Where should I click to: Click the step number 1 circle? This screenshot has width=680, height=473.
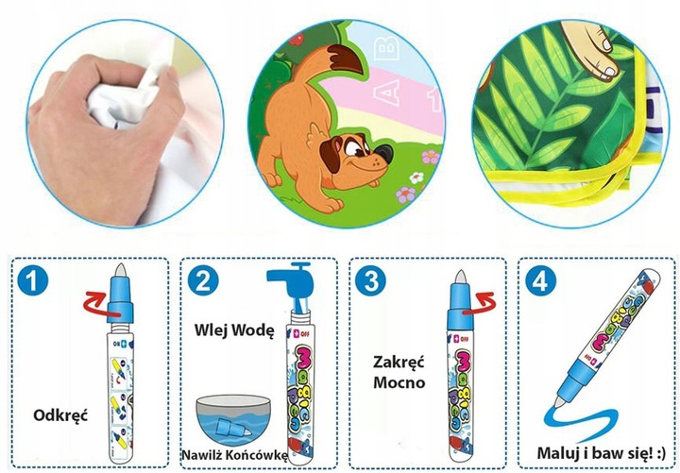tap(33, 280)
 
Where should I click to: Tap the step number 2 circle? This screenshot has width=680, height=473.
tap(203, 280)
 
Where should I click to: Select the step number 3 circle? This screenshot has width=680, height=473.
tap(370, 280)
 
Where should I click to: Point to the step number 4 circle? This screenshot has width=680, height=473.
tap(540, 280)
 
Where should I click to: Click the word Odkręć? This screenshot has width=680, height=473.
tap(60, 415)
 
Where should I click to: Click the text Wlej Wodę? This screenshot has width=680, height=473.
tap(234, 330)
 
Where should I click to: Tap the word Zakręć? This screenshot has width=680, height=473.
tap(399, 363)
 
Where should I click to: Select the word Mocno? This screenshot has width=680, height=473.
tap(399, 382)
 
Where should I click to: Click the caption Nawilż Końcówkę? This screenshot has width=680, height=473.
tap(234, 455)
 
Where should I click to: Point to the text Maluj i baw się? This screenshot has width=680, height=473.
tap(595, 454)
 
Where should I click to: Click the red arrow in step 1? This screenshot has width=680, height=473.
tap(96, 302)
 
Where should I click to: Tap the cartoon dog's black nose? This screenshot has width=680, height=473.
tap(383, 154)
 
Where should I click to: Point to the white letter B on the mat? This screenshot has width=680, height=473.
tap(386, 48)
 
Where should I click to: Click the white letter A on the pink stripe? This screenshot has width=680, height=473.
tap(387, 92)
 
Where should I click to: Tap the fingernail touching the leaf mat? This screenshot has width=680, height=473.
tap(611, 72)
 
